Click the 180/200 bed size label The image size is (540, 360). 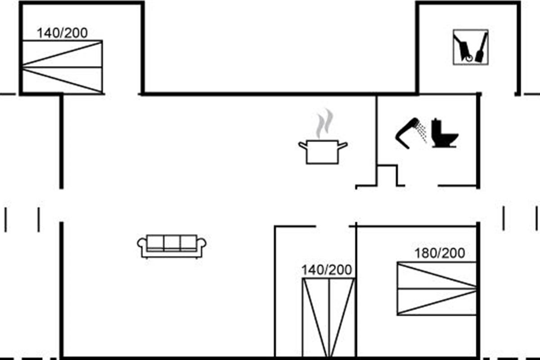pos(439,253)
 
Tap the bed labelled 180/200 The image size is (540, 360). pos(436,288)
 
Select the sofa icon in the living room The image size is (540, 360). pos(172,246)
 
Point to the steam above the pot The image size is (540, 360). pos(324,123)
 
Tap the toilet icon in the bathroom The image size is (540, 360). pos(444,133)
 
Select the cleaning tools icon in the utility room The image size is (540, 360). pos(470,47)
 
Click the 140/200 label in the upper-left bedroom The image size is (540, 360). pos(62,33)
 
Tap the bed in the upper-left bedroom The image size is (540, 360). pos(62,67)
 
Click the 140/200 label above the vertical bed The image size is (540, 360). pos(327,270)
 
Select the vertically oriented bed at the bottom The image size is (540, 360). pos(328,317)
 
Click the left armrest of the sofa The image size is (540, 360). pos(142,245)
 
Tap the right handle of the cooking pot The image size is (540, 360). pos(343,145)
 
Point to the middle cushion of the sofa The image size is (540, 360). pos(172,243)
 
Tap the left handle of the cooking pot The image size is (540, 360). pos(302,145)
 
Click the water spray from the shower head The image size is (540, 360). pos(422,131)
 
